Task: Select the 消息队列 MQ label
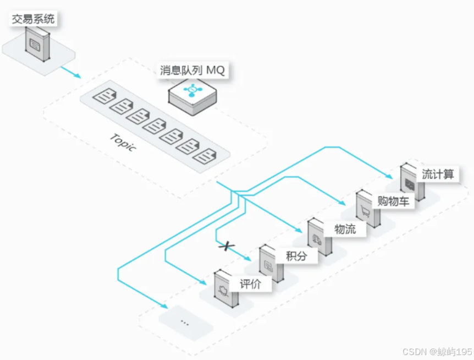click(192, 70)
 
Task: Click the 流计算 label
click(438, 174)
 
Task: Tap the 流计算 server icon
click(412, 182)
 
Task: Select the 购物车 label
click(393, 201)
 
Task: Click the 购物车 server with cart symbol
click(367, 209)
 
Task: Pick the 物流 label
click(345, 229)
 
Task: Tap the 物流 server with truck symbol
click(319, 237)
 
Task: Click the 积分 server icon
click(271, 264)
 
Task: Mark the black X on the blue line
click(224, 246)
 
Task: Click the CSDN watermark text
click(437, 351)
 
